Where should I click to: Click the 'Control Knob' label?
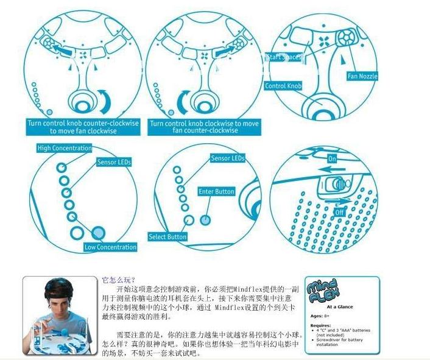[283, 86]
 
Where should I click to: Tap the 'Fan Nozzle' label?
[362, 76]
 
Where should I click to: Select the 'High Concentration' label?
[64, 148]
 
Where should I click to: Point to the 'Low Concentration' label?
[110, 247]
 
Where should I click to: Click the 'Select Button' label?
[167, 236]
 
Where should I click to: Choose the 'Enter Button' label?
[216, 191]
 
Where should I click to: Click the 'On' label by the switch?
[332, 158]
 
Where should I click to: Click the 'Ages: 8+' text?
[320, 317]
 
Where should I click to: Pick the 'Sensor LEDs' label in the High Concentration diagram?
[114, 163]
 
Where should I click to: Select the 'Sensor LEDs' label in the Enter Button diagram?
[227, 158]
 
